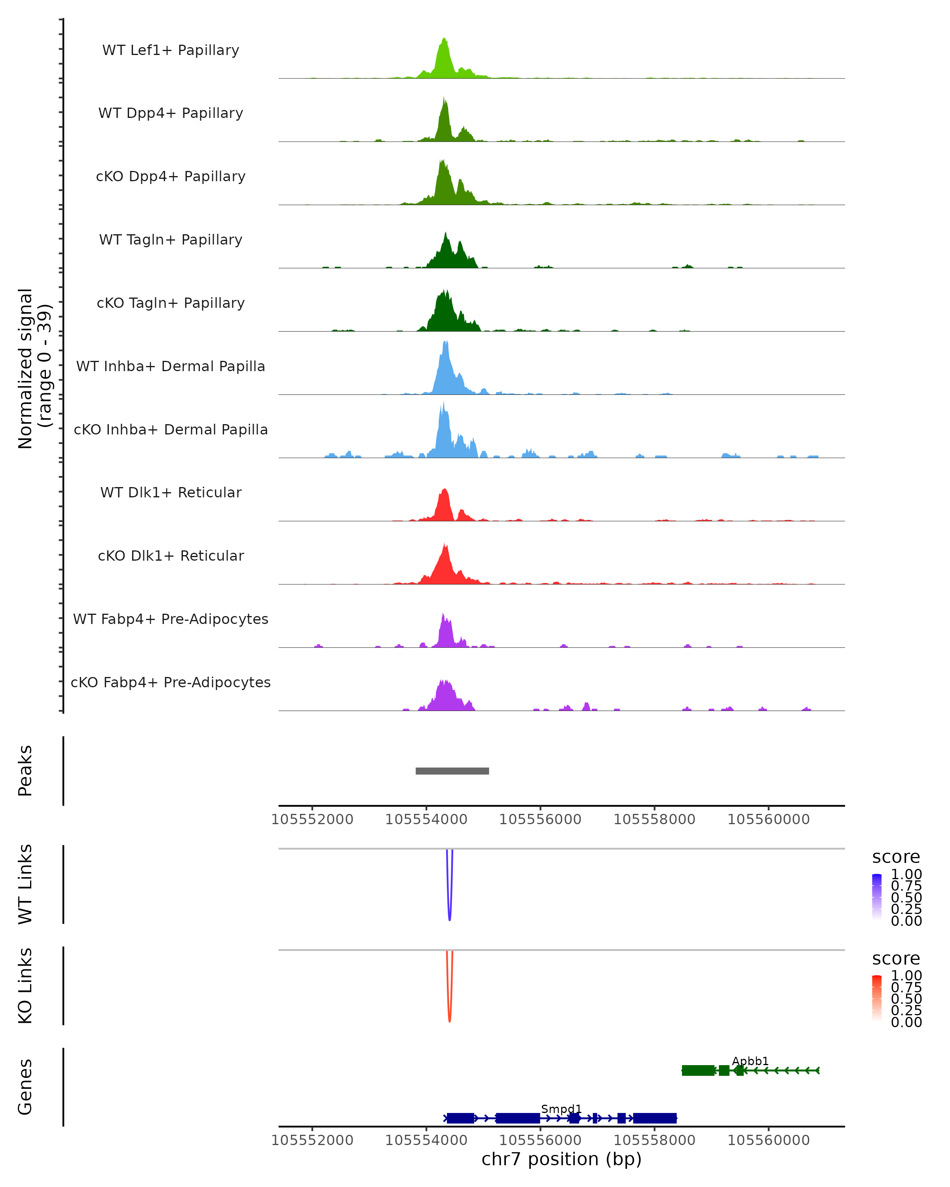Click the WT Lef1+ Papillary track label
(x=171, y=50)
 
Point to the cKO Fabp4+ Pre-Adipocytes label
(x=171, y=682)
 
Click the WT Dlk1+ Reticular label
(x=171, y=492)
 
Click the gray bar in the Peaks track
(x=452, y=771)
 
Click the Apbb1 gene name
(x=750, y=1061)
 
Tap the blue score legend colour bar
(x=877, y=896)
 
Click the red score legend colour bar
(x=877, y=997)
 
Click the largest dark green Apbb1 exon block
(x=698, y=1070)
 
